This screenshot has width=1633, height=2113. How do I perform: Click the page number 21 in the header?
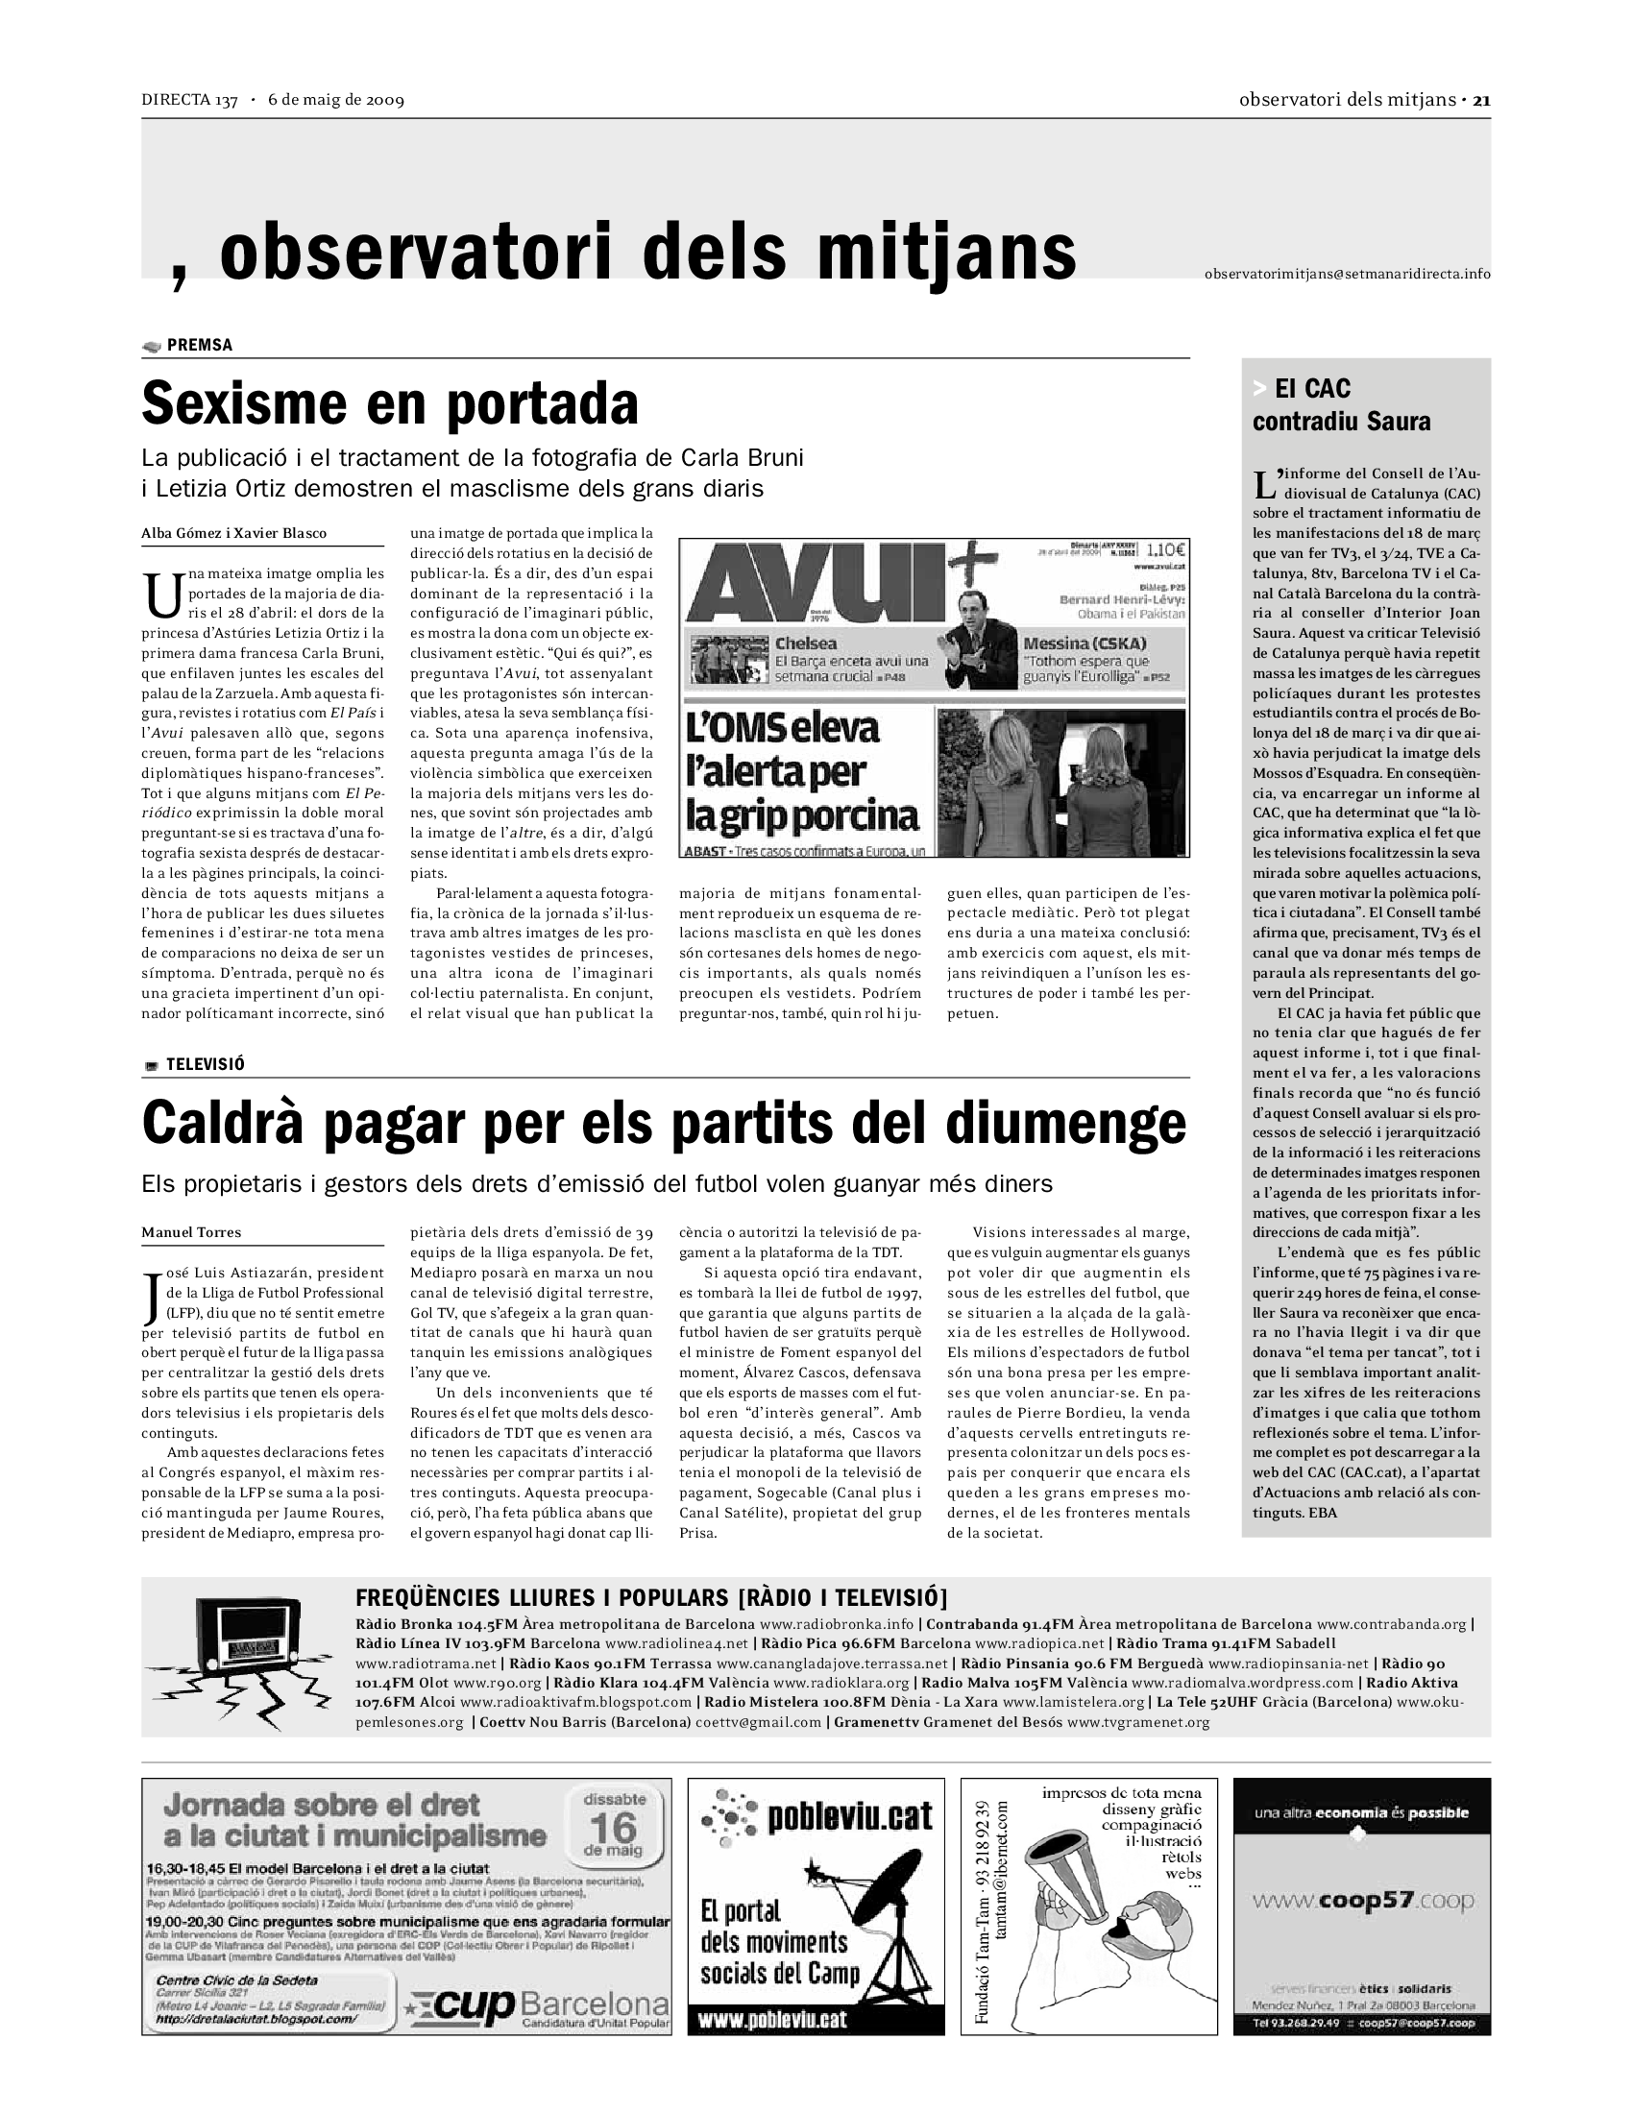[x=1481, y=100]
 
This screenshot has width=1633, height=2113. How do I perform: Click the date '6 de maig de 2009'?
[x=335, y=100]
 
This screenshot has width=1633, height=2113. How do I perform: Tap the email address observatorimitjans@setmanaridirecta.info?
[x=1347, y=274]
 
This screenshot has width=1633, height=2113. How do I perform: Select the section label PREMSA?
[x=199, y=346]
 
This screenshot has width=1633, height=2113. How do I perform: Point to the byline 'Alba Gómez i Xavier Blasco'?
[x=234, y=533]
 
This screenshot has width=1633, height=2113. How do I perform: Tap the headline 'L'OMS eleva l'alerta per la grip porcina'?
[x=803, y=771]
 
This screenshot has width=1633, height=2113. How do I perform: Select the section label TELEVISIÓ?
[x=206, y=1064]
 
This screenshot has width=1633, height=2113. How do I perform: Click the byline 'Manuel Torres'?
[x=191, y=1232]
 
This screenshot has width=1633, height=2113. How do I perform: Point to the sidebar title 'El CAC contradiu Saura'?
[x=1341, y=405]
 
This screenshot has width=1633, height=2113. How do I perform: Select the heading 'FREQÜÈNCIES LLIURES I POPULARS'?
[x=542, y=1597]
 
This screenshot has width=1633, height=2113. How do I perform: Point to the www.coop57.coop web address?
[x=1363, y=1901]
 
